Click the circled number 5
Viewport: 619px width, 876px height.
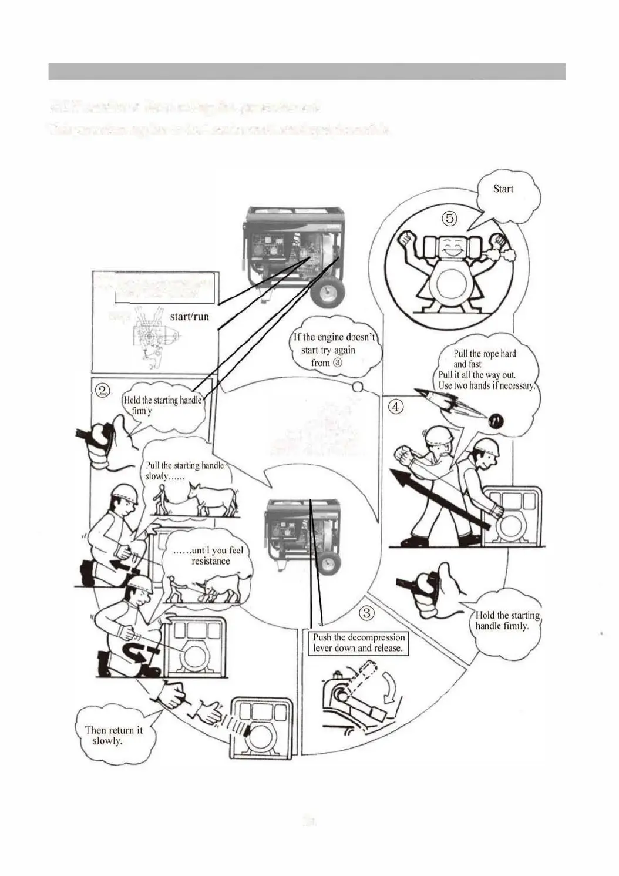pos(449,219)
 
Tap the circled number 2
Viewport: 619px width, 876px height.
pos(103,390)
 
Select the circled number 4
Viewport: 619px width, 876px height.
pos(396,406)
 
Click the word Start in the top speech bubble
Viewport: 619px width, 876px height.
pos(503,189)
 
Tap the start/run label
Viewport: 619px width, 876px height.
pos(189,316)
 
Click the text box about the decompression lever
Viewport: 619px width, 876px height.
pos(358,643)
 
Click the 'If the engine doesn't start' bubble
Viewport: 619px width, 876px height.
pos(334,350)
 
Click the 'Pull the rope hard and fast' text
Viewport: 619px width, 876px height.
pos(485,358)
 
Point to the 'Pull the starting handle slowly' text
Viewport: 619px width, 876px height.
pos(184,471)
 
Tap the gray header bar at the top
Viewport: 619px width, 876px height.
pos(307,72)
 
